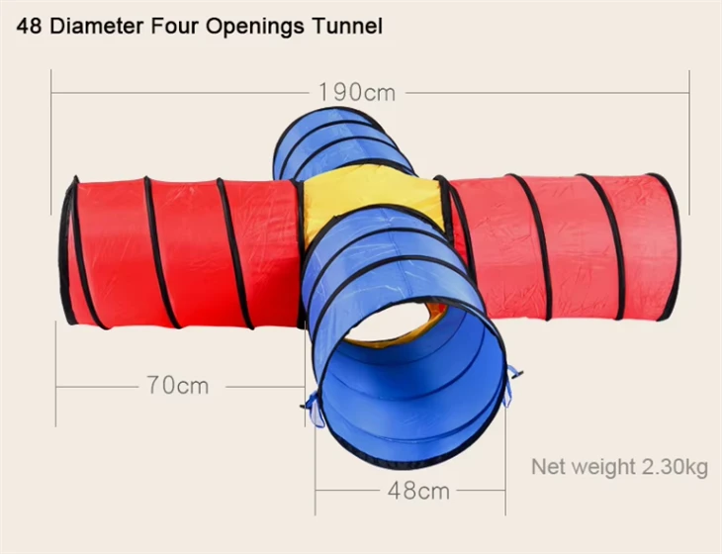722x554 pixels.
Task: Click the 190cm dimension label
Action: (x=357, y=92)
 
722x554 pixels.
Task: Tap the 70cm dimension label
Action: (x=178, y=385)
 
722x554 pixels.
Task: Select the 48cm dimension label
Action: (x=418, y=491)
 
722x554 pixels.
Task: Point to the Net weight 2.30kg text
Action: (x=619, y=467)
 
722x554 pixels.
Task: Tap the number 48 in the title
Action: (x=29, y=27)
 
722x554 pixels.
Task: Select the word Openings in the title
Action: (x=254, y=28)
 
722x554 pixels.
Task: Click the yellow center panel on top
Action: (x=373, y=194)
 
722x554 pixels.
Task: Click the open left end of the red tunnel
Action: (x=68, y=251)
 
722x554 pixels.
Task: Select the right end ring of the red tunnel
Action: (x=668, y=246)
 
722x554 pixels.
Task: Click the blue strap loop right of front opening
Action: (x=512, y=385)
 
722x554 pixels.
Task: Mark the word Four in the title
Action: (x=174, y=27)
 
